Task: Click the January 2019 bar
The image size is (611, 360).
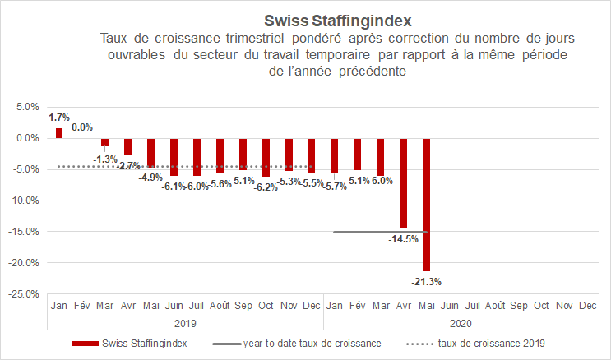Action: [59, 132]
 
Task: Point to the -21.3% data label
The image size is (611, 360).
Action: [427, 282]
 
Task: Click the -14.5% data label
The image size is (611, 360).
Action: [404, 239]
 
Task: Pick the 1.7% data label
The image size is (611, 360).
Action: [59, 118]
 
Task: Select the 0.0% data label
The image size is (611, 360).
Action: [82, 127]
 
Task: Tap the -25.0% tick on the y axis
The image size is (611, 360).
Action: [25, 293]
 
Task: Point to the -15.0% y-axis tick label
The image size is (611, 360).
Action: [25, 232]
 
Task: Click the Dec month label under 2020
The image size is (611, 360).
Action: [587, 306]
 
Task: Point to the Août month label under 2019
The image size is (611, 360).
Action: [220, 306]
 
